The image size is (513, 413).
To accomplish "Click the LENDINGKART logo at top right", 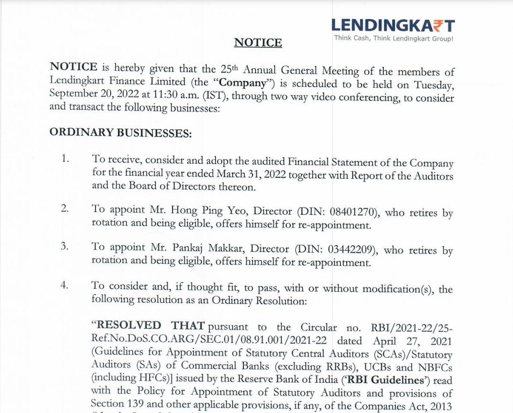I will (393, 26).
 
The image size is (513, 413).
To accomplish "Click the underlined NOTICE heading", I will (258, 42).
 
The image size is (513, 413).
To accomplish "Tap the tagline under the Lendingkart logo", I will (393, 39).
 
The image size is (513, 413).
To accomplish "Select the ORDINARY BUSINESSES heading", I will (120, 133).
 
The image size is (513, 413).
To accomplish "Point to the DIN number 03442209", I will (351, 249).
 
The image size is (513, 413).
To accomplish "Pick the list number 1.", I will (65, 158).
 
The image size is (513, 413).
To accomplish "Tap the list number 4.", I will (65, 285).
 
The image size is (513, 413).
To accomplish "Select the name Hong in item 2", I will (183, 210).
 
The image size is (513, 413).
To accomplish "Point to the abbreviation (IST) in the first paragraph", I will (216, 95).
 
